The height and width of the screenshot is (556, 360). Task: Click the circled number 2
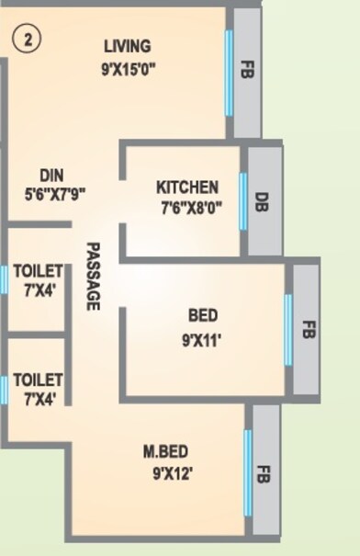pos(24,40)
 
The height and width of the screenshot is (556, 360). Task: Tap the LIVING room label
pos(127,46)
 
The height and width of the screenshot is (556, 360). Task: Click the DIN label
pos(51,175)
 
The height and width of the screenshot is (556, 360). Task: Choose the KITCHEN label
pos(187,187)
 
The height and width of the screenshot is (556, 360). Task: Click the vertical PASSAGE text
pos(93,276)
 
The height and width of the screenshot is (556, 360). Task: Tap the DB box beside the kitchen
pos(262,202)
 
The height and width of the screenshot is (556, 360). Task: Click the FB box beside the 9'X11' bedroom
pos(307,329)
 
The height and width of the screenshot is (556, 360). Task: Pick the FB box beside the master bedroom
pos(264,475)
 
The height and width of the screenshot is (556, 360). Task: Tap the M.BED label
pos(166,452)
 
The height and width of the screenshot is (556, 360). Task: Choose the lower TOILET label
pos(38,380)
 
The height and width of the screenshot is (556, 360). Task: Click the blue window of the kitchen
pos(243,201)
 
